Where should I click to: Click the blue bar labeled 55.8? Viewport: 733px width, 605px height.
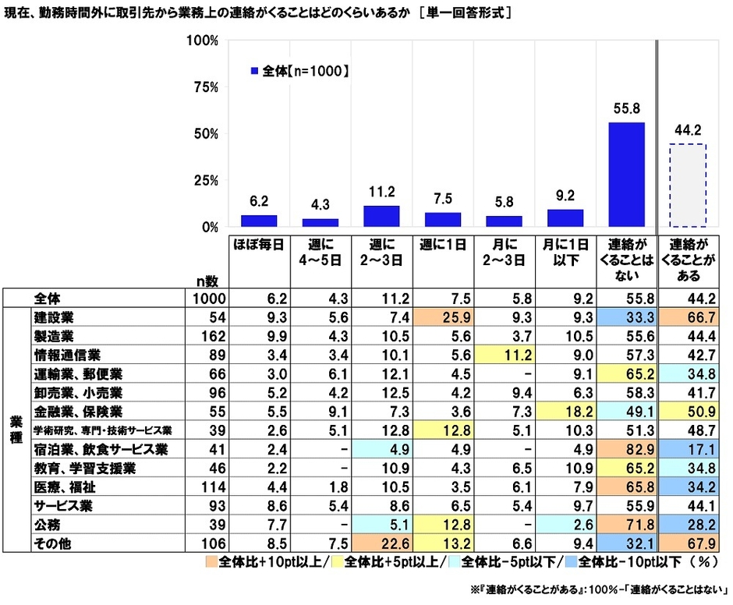point(626,175)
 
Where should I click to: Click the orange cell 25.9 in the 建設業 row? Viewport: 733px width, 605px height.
point(442,319)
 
